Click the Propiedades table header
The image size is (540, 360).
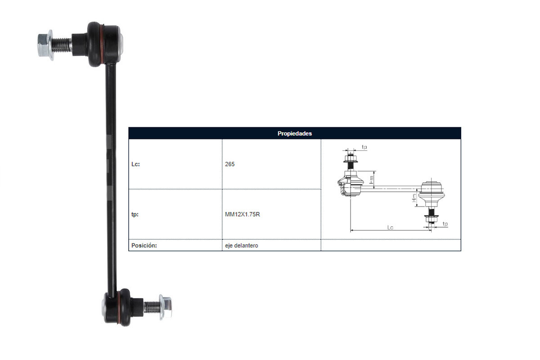(295, 134)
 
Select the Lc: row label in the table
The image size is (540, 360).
(135, 164)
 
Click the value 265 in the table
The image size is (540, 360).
(229, 164)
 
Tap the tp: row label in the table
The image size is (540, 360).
(135, 215)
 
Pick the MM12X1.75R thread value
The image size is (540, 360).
(243, 215)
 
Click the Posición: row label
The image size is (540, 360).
(144, 246)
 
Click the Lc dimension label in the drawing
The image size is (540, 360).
(390, 228)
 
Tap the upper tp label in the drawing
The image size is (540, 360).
(364, 147)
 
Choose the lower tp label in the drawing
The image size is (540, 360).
(445, 224)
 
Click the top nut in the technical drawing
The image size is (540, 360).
(350, 158)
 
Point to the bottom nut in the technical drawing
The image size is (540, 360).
(429, 219)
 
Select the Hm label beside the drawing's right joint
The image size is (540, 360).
(414, 198)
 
